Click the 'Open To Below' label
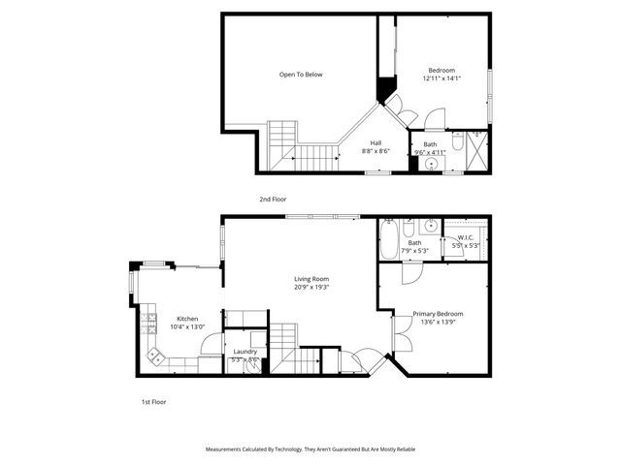[x=301, y=75]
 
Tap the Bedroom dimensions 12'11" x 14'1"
[x=441, y=77]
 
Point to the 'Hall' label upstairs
[x=376, y=143]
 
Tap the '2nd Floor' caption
[x=273, y=200]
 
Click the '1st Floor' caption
[x=153, y=401]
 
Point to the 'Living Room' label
[x=311, y=279]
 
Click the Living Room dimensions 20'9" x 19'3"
[x=311, y=287]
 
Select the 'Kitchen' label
[x=187, y=319]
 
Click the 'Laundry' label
[x=245, y=352]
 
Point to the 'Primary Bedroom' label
[x=438, y=314]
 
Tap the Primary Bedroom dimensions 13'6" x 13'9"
[x=438, y=322]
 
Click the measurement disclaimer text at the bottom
[x=310, y=449]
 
